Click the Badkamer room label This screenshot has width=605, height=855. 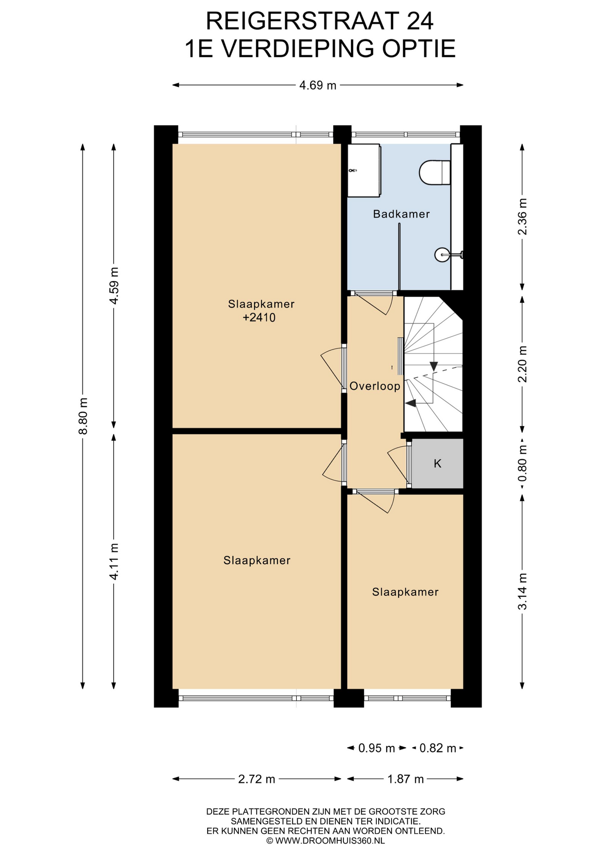click(401, 214)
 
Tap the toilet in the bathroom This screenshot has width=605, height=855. click(435, 172)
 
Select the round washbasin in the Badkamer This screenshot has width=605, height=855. click(442, 255)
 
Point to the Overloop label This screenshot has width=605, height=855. click(375, 386)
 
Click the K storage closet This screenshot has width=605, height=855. click(437, 464)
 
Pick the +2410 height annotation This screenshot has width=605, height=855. click(259, 318)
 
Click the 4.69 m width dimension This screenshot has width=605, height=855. click(318, 85)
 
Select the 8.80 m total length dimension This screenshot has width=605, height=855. click(83, 416)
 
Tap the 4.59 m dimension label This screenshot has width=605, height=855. click(114, 285)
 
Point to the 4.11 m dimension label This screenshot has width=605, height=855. click(114, 561)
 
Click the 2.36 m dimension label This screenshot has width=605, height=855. click(522, 216)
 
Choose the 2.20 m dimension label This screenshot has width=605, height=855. click(522, 364)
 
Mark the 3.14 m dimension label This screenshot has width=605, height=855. click(522, 591)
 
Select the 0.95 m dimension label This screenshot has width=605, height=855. click(377, 748)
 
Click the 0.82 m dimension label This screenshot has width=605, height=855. click(438, 748)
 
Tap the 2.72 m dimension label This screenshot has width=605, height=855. click(257, 779)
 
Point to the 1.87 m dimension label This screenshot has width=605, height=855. click(405, 779)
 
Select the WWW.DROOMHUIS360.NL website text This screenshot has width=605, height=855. click(330, 841)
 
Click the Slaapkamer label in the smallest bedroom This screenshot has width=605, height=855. click(405, 592)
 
